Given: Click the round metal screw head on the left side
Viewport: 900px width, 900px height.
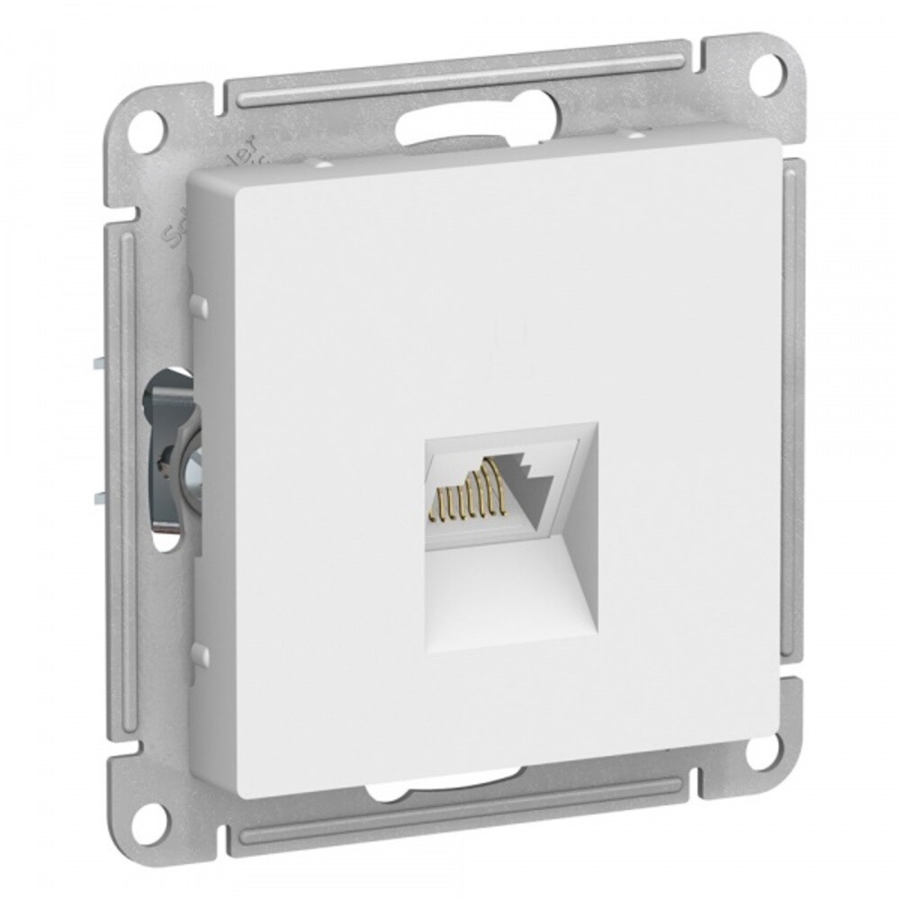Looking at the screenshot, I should click(190, 468).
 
